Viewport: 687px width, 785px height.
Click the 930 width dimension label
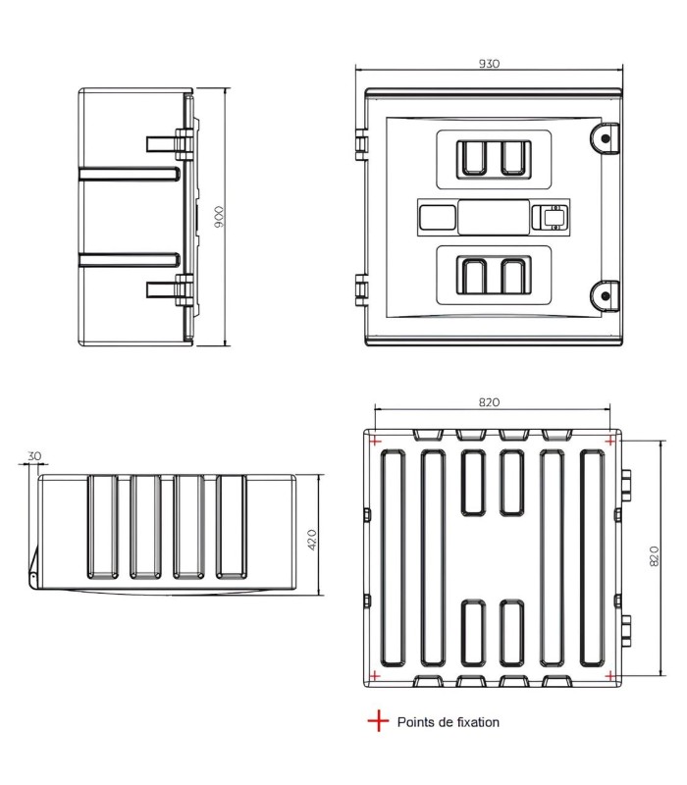[x=489, y=64]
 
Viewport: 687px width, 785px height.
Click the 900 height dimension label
[x=219, y=217]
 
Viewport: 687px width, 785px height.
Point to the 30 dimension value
[x=34, y=456]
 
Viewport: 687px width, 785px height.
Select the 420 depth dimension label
[x=311, y=540]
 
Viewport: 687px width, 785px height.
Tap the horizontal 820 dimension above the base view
[x=489, y=402]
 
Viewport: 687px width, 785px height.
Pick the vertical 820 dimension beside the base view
[x=654, y=556]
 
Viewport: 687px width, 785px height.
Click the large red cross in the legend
[x=378, y=721]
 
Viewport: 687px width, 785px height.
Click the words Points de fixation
[x=449, y=722]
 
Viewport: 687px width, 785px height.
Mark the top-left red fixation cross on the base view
[x=375, y=441]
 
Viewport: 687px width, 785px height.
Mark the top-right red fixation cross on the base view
[x=609, y=441]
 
